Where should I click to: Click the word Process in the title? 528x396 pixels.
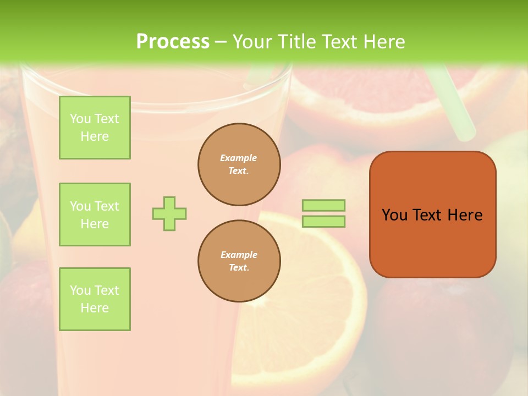coord(173,42)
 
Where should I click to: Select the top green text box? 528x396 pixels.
coord(95,128)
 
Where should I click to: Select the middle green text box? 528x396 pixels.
coord(95,215)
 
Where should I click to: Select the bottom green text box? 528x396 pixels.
coord(95,299)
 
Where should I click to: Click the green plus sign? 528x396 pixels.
coord(169,213)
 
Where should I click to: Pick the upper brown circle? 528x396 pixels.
coord(239,164)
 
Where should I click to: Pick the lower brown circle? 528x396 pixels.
coord(239,261)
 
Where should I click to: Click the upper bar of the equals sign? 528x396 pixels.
coord(324,205)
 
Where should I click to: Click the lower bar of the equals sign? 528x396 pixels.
coord(324,222)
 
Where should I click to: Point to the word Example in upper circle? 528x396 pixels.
coord(239,158)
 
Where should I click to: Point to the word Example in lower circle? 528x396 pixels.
coord(239,255)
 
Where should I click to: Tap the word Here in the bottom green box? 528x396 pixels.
coord(95,308)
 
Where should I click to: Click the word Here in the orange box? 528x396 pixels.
coord(465,215)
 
